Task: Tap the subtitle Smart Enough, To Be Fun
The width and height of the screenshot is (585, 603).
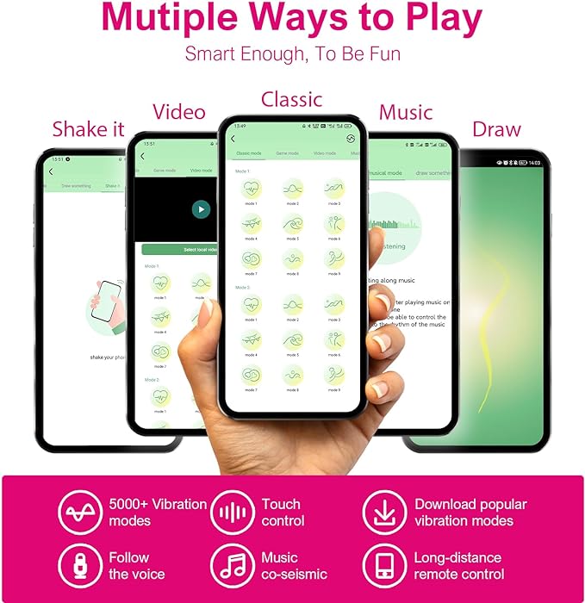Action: pos(293,54)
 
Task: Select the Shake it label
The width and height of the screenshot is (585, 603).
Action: pos(88,129)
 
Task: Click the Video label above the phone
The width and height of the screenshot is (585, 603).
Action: pos(178,112)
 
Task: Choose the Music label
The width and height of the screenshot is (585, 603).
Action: pos(406,112)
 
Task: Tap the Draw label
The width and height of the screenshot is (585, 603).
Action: pos(496,129)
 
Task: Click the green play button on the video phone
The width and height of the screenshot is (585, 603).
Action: pos(200,208)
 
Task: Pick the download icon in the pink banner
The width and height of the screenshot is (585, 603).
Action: pos(383,512)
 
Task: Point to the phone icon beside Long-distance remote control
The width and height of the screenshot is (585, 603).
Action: pos(383,565)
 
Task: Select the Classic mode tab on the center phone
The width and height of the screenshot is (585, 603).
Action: pos(248,153)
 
